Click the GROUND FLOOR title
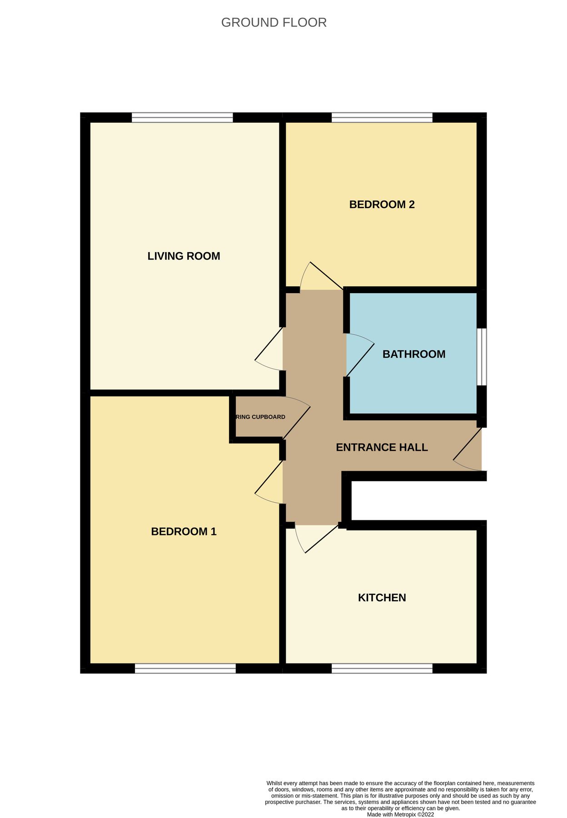(274, 22)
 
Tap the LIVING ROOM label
(184, 256)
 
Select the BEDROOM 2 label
(382, 204)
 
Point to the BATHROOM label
(414, 354)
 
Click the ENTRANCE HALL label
(382, 447)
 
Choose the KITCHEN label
(382, 598)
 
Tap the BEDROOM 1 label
(184, 531)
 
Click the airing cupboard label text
(260, 417)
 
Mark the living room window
(182, 118)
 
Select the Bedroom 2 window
(382, 118)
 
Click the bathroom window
(482, 357)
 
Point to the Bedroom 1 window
(185, 668)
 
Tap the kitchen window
(382, 668)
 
